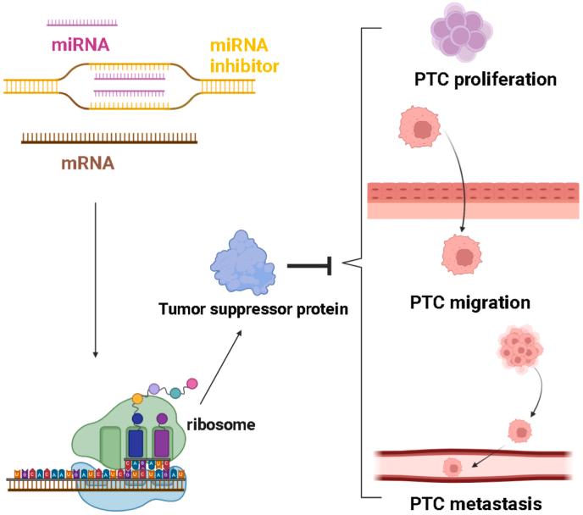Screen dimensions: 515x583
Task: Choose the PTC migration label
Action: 470,302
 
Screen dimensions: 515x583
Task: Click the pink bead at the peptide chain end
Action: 192,383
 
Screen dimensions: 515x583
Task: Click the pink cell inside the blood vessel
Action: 453,468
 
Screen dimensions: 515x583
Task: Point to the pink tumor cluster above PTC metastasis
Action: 515,347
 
